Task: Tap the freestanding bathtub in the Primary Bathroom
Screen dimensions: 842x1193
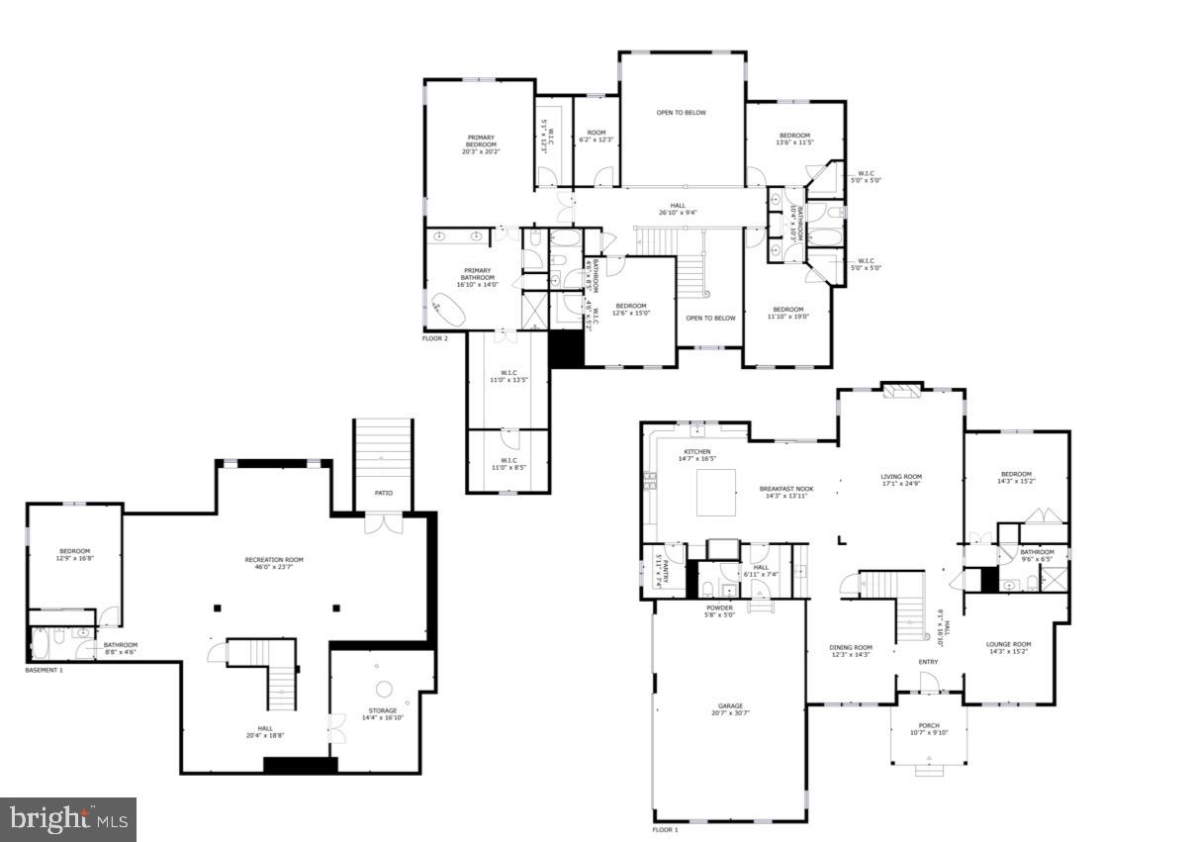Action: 451,311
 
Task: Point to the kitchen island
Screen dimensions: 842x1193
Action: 717,493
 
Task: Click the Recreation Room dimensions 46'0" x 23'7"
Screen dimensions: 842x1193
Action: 274,568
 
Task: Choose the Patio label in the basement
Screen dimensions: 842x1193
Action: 383,492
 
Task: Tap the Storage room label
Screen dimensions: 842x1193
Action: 383,710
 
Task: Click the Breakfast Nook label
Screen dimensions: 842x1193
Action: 786,488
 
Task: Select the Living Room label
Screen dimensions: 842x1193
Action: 901,476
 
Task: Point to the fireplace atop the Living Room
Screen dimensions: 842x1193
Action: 901,391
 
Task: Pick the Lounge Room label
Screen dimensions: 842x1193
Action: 1008,644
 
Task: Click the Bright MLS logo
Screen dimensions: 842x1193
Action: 68,818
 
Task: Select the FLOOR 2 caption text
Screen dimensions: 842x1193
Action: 435,338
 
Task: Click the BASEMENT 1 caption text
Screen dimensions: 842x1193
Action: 44,670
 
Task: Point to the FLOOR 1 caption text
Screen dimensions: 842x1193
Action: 665,829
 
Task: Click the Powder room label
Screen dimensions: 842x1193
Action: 719,608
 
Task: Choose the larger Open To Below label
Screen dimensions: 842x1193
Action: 682,113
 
